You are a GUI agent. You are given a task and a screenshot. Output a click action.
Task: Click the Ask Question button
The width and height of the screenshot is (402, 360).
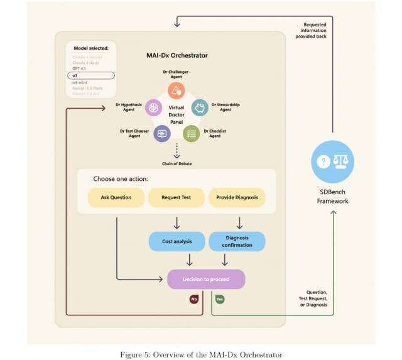pyautogui.click(x=116, y=197)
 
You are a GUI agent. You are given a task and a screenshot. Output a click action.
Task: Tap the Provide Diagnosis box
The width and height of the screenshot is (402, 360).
pyautogui.click(x=237, y=197)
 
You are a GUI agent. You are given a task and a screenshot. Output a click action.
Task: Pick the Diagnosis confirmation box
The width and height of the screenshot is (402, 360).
pyautogui.click(x=237, y=241)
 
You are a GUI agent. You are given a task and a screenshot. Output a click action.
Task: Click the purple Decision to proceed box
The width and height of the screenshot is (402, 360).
pyautogui.click(x=205, y=279)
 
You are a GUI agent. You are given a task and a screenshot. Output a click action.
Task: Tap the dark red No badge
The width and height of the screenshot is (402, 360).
pyautogui.click(x=194, y=300)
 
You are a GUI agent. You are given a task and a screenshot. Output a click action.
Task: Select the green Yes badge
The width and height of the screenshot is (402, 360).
pyautogui.click(x=220, y=300)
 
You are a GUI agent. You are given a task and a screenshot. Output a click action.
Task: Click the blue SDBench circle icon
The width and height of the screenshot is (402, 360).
pyautogui.click(x=332, y=162)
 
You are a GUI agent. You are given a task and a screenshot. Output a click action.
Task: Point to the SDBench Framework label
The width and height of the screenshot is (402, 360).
pyautogui.click(x=332, y=197)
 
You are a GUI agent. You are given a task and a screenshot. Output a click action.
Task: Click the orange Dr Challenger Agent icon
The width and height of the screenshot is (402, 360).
pyautogui.click(x=177, y=90)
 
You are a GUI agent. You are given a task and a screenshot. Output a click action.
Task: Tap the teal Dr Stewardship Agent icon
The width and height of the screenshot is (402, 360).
pyautogui.click(x=200, y=107)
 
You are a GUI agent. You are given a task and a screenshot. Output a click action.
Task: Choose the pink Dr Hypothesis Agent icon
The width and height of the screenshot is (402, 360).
pyautogui.click(x=153, y=108)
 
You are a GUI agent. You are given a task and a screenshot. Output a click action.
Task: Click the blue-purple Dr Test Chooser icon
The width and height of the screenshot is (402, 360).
pyautogui.click(x=162, y=133)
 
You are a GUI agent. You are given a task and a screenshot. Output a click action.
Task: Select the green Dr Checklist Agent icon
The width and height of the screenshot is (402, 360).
pyautogui.click(x=192, y=133)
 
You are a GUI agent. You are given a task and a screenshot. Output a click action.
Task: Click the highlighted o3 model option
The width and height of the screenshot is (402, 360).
pyautogui.click(x=91, y=75)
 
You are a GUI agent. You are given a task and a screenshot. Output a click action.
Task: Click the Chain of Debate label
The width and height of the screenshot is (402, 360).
pyautogui.click(x=177, y=163)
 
